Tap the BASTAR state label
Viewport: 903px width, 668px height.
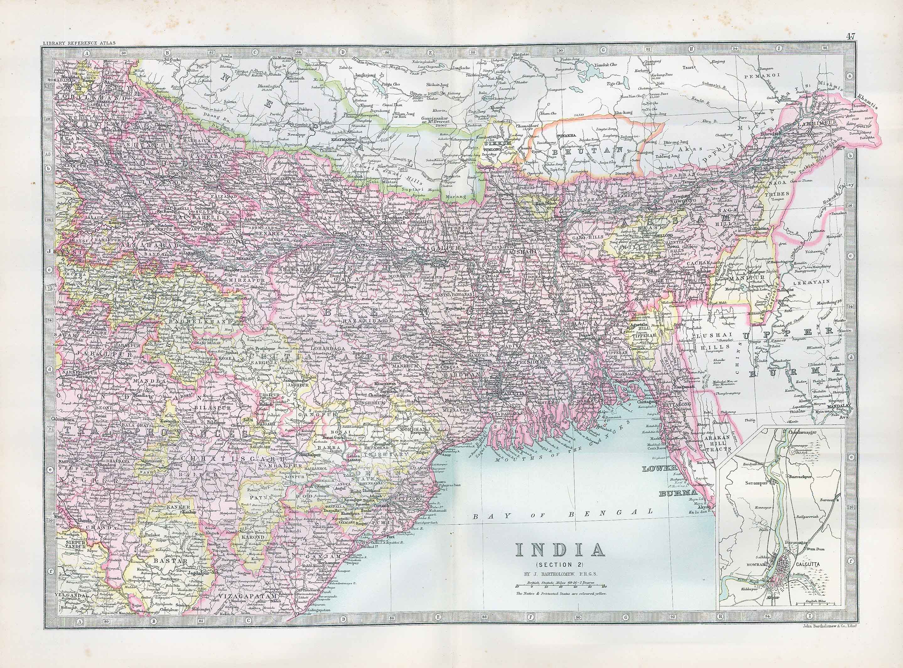[166, 561]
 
